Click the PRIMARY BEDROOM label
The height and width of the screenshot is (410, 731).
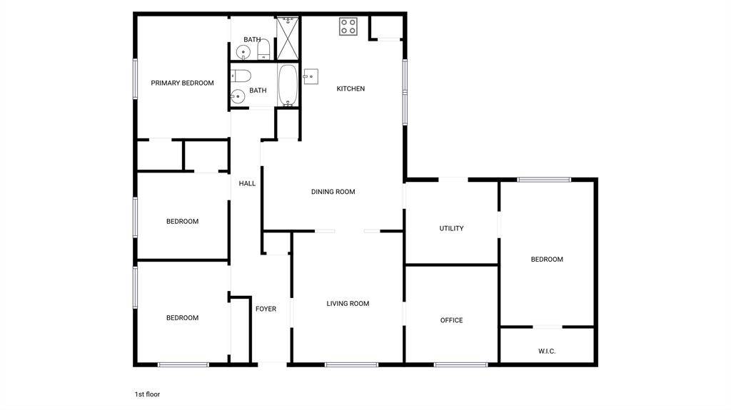[182, 83]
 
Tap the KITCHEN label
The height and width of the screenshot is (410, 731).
[351, 88]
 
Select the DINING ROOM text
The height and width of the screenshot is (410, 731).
[333, 192]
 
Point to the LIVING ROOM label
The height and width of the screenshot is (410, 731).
[348, 303]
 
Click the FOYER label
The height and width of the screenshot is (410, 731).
[266, 309]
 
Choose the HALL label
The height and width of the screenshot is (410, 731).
[247, 183]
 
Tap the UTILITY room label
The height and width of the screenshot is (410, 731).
[451, 228]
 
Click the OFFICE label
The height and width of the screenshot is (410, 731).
[451, 320]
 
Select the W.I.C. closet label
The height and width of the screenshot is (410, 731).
[547, 352]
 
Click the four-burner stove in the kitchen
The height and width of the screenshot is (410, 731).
[348, 26]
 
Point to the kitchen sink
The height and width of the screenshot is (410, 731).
[311, 76]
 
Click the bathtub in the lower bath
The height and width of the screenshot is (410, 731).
[287, 86]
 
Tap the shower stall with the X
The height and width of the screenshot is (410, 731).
[287, 38]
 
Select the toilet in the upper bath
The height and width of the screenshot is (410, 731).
[264, 49]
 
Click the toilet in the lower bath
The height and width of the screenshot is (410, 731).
[241, 76]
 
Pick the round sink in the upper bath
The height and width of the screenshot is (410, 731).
[243, 52]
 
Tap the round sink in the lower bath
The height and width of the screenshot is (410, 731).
[238, 96]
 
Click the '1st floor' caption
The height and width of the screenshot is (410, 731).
[147, 394]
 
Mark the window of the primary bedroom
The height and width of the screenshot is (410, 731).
[135, 78]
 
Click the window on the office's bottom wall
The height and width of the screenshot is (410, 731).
[460, 364]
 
